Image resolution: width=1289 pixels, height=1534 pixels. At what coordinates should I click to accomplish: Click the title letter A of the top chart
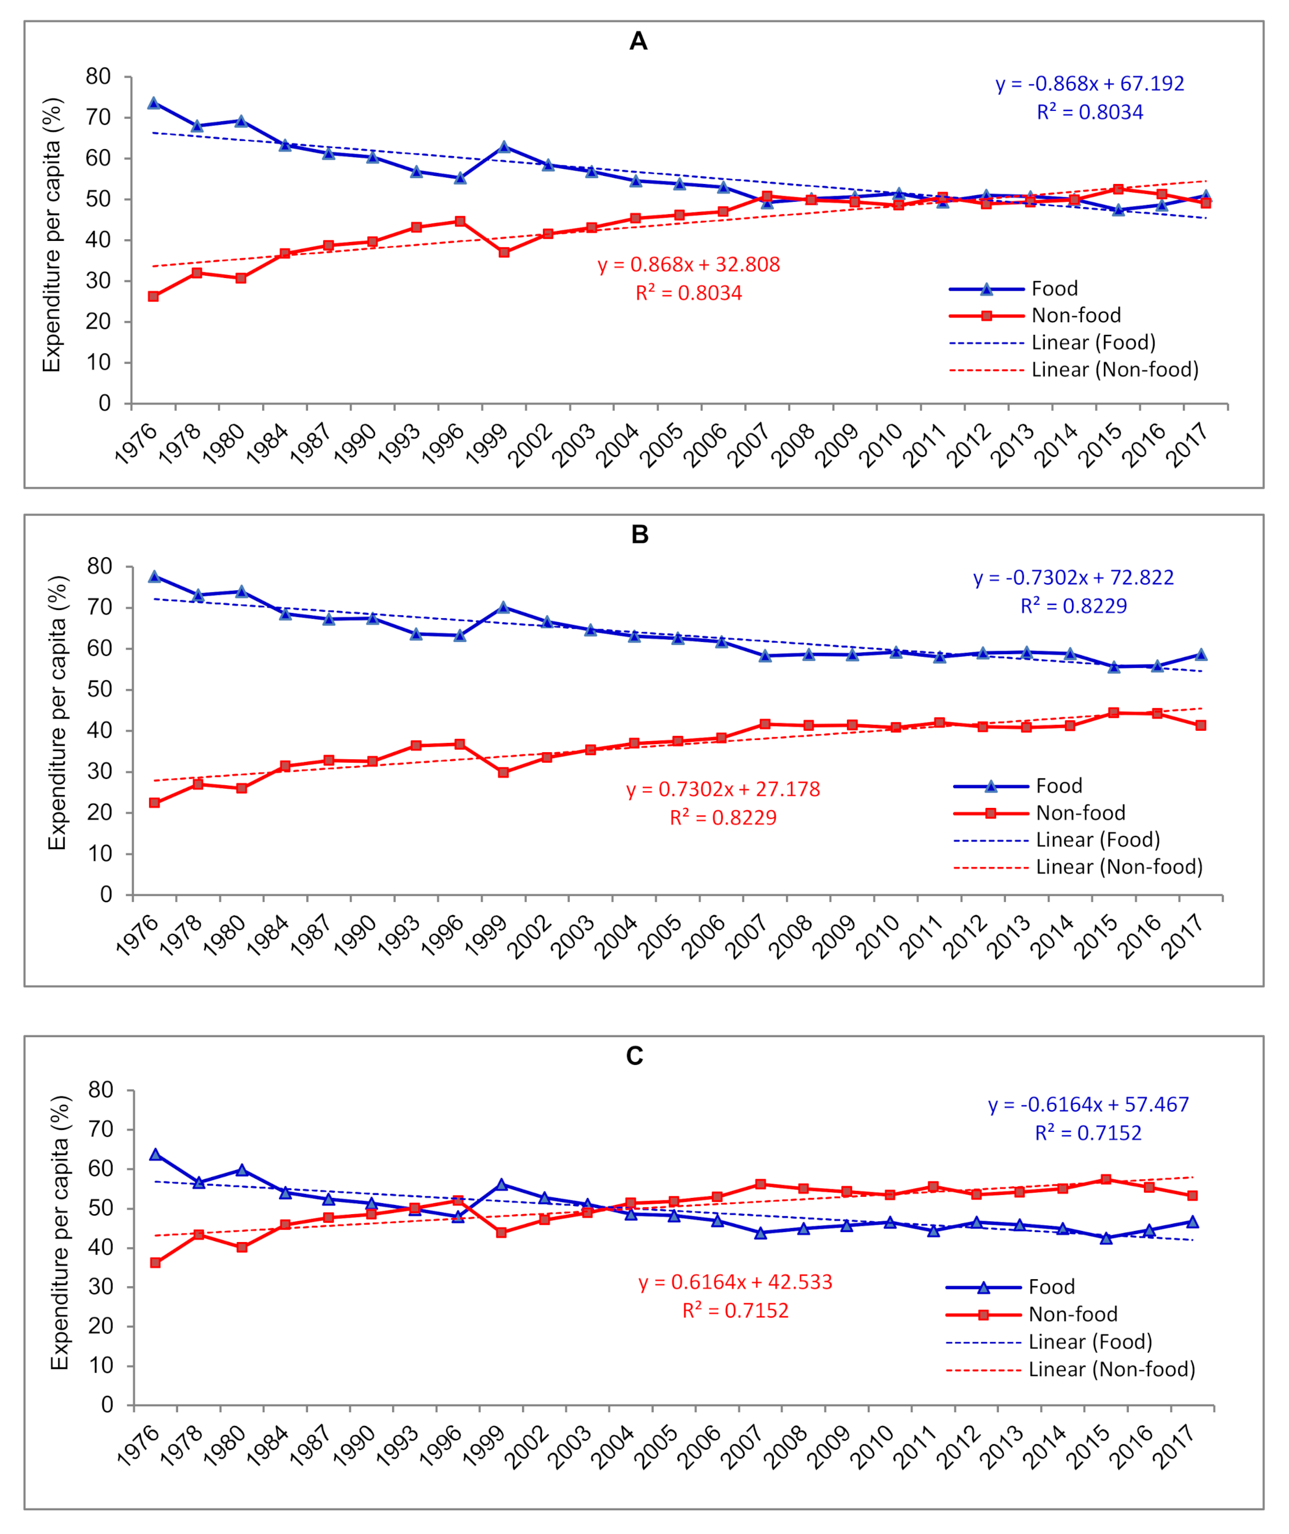[638, 41]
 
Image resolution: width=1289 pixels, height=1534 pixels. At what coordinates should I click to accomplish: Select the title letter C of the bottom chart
[634, 1056]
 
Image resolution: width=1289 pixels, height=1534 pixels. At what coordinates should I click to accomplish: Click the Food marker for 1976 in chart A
[154, 103]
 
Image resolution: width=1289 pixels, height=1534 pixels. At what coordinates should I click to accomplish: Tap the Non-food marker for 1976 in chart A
[154, 296]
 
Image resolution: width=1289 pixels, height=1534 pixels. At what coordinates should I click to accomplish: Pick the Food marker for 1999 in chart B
[504, 607]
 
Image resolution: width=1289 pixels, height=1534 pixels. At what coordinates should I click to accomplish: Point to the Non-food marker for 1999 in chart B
[504, 772]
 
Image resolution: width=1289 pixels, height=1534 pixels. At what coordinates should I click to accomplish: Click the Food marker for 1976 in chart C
[155, 1154]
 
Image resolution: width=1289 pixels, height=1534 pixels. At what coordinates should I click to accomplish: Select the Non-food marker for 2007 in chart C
[761, 1184]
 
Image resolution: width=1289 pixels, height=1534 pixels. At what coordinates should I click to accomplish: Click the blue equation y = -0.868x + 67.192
[1089, 84]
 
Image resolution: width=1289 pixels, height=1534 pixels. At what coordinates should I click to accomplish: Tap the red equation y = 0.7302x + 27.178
[723, 789]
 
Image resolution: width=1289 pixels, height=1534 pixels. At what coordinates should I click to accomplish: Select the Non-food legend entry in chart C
[1072, 1314]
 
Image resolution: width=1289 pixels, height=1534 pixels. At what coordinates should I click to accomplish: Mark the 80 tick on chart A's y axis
[98, 77]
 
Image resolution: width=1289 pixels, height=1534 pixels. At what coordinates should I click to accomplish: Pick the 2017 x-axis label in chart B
[1183, 936]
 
